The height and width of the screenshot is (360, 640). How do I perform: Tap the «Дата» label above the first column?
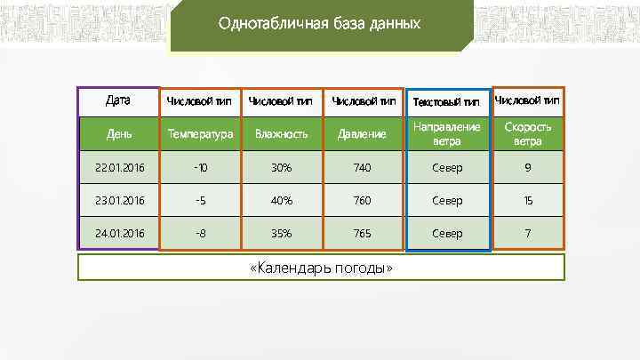[118, 100]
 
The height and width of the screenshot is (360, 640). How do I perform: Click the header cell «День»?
[119, 134]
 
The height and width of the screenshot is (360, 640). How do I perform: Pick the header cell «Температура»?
[200, 134]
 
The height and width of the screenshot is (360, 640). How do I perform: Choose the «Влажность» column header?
[281, 134]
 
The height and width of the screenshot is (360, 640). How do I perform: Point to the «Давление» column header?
[363, 134]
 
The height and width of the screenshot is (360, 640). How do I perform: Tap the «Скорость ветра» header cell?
[527, 134]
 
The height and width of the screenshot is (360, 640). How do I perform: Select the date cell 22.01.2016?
[119, 168]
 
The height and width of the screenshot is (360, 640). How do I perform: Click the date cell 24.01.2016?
[119, 234]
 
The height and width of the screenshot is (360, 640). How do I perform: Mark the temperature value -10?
[200, 168]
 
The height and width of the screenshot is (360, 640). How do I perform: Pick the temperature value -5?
[200, 201]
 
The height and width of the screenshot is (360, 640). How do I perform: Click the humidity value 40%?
[281, 201]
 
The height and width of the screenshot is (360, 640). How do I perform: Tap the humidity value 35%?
[281, 234]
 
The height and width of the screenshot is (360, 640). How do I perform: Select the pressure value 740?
[363, 168]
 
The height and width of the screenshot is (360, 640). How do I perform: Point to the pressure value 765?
[363, 234]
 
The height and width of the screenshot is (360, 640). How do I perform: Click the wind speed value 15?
[527, 201]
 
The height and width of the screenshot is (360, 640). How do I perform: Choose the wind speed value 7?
[527, 234]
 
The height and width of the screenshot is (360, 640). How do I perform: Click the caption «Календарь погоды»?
[322, 268]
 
